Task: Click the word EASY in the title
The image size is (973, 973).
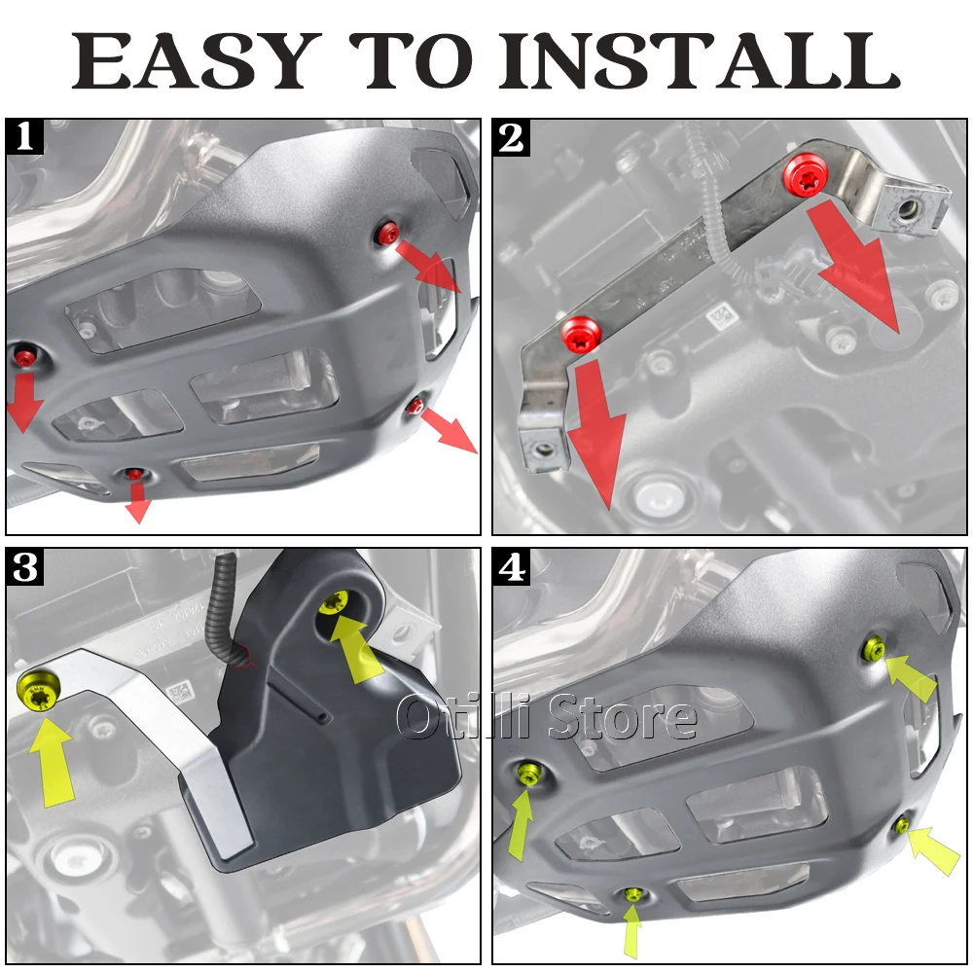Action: [197, 60]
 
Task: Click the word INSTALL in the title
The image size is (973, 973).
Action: [700, 60]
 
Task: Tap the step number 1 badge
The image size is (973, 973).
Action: [25, 136]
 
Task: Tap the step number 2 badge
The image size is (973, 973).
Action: [512, 137]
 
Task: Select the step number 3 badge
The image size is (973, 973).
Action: [25, 566]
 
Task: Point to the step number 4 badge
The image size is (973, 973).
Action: [512, 566]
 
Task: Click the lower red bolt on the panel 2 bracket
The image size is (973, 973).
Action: [580, 335]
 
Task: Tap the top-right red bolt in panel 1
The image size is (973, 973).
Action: [389, 233]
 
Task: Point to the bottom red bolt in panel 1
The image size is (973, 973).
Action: [133, 475]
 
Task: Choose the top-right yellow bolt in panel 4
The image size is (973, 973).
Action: [875, 648]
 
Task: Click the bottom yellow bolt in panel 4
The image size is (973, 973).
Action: [633, 894]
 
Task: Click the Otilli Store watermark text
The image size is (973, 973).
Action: [546, 717]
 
